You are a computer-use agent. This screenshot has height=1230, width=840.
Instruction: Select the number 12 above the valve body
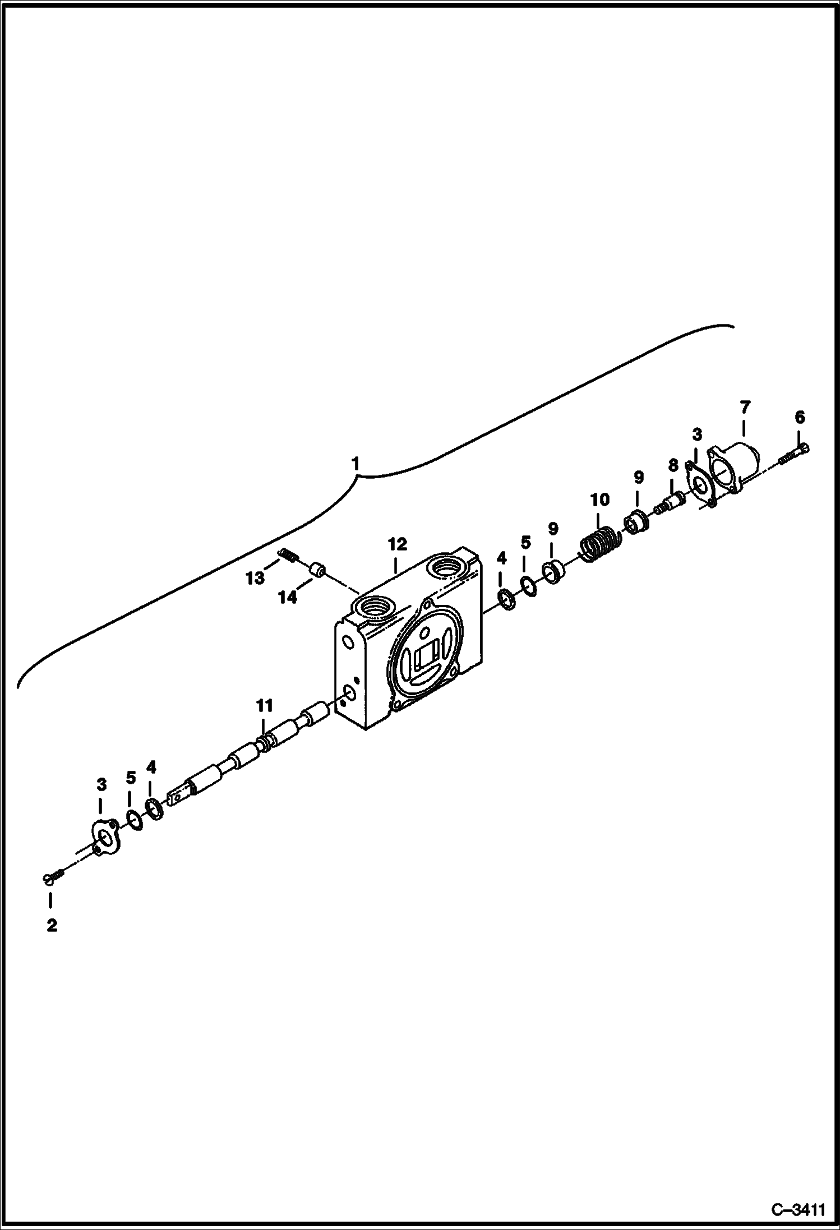click(x=397, y=544)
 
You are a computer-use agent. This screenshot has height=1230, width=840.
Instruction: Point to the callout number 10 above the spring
click(x=599, y=500)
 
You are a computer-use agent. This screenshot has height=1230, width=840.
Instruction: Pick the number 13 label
click(x=255, y=578)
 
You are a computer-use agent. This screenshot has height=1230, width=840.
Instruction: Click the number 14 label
click(x=288, y=598)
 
